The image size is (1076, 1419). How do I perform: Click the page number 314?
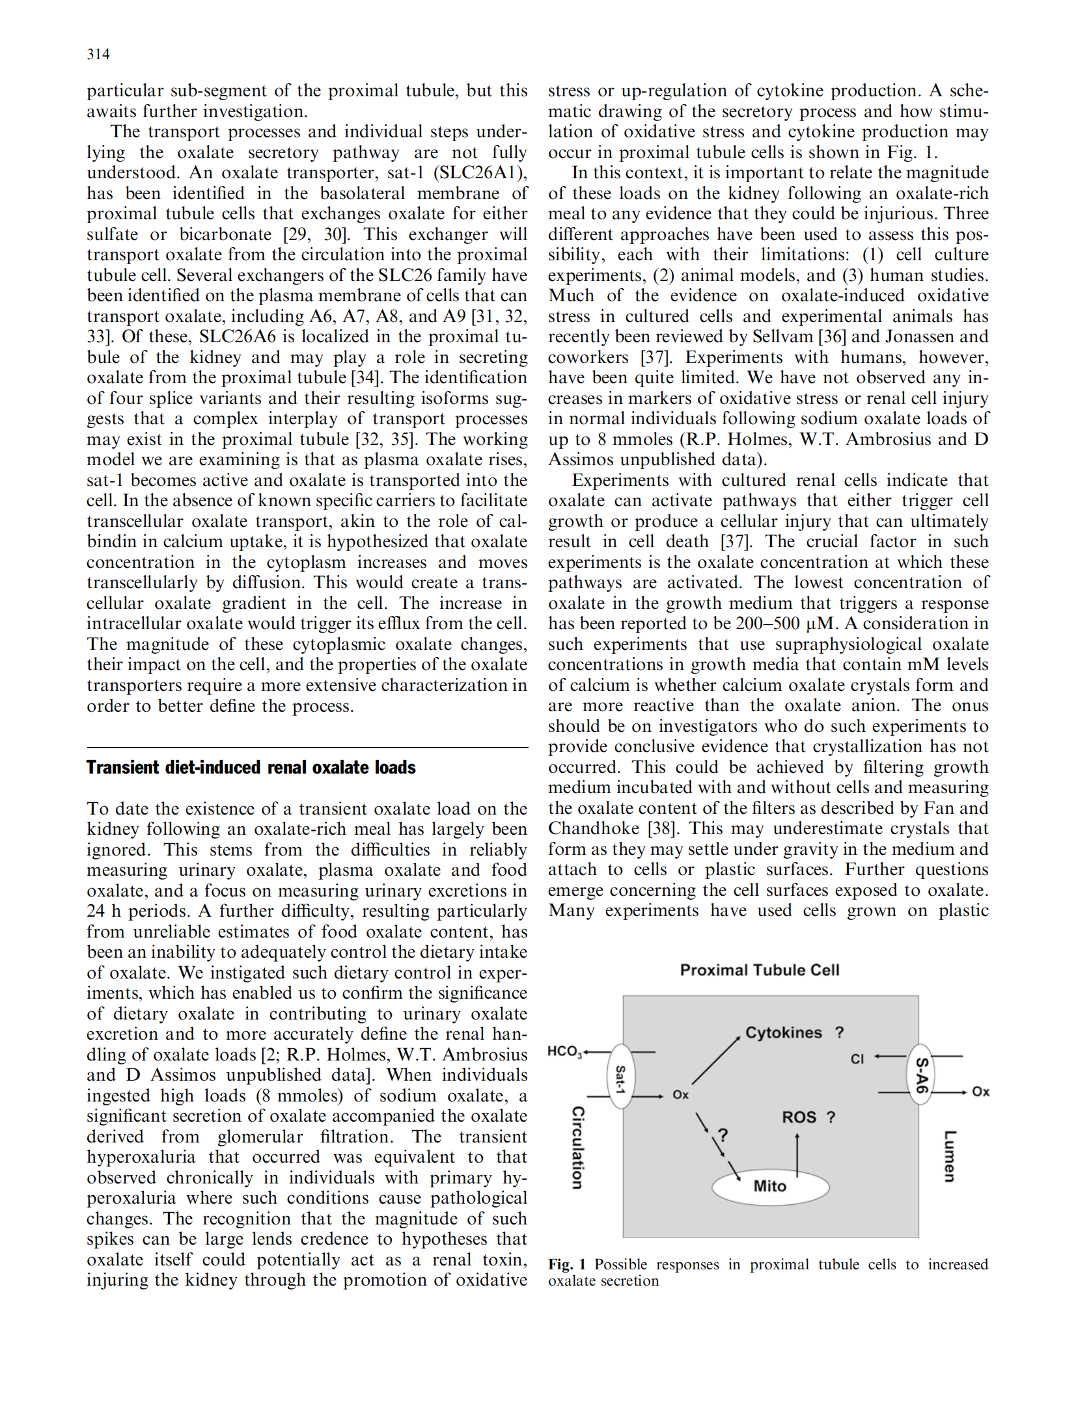[x=98, y=55]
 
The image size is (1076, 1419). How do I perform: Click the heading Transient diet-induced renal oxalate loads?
[x=251, y=768]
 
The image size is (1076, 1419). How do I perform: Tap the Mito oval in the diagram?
[x=770, y=1186]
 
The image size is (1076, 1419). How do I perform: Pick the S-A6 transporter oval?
[x=920, y=1074]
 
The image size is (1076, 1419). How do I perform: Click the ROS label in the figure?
[x=799, y=1117]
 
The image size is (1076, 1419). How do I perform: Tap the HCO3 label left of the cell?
[x=564, y=1051]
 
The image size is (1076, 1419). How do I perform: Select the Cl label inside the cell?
[x=857, y=1059]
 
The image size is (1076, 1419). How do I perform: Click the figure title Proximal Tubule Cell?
[x=760, y=970]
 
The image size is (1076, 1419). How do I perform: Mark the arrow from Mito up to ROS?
[x=797, y=1154]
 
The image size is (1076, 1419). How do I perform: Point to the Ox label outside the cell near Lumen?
[x=980, y=1092]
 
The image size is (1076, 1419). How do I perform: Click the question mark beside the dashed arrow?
[x=723, y=1135]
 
